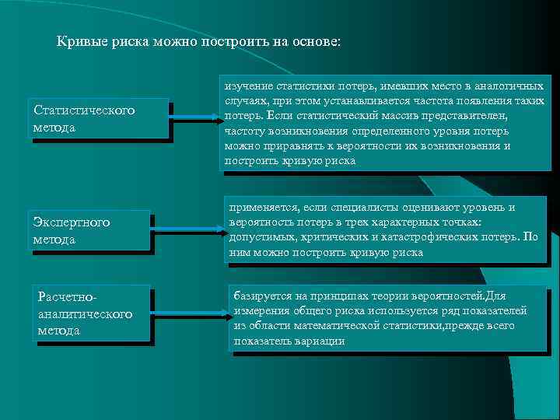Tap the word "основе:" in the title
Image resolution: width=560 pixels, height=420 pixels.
click(313, 41)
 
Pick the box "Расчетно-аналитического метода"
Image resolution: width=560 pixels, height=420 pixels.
click(92, 313)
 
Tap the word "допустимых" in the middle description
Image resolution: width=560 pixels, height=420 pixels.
click(261, 237)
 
